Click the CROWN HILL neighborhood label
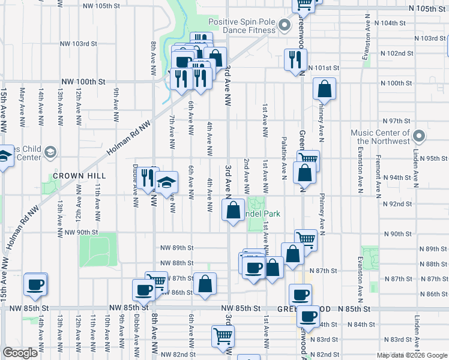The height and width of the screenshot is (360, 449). tap(79, 176)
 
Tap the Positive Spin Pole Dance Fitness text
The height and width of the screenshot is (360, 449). tap(242, 26)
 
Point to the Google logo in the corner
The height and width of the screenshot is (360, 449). tap(20, 353)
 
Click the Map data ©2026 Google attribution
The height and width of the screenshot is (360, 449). tap(411, 355)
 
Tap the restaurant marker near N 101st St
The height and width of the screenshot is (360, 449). tap(294, 59)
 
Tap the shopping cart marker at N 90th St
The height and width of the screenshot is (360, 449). tap(305, 239)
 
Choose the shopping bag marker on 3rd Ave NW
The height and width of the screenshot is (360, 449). tap(233, 209)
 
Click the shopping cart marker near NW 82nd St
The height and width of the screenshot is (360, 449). tap(223, 335)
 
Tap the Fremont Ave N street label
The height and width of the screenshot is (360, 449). tap(379, 178)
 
